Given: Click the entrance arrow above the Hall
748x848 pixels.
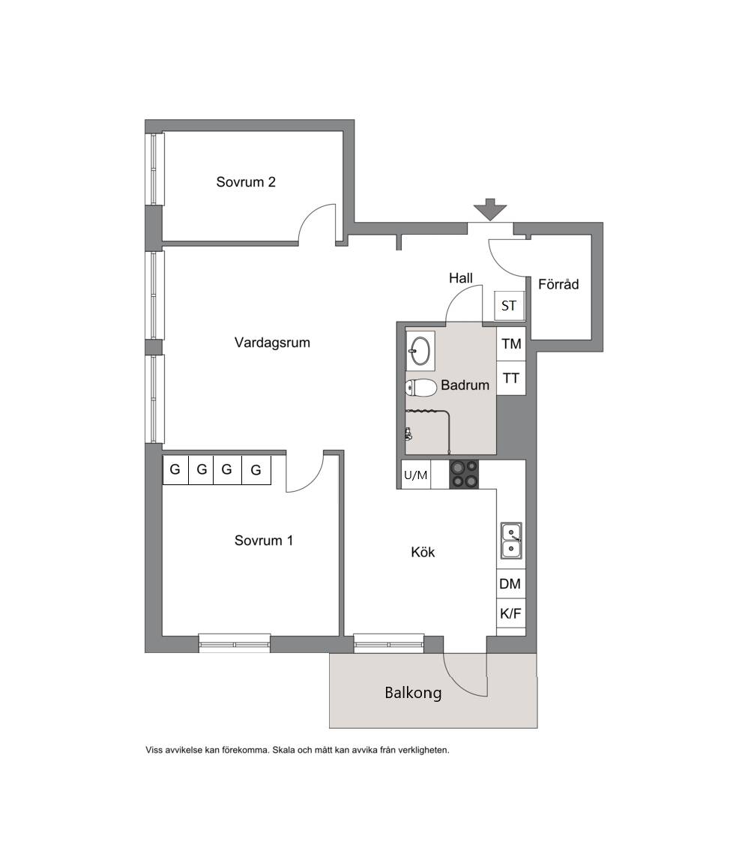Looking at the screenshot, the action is [490, 209].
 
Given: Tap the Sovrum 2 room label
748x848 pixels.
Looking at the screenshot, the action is [246, 181].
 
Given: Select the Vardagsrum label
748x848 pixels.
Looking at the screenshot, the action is [272, 343].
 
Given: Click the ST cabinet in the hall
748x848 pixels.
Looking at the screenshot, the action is [509, 306].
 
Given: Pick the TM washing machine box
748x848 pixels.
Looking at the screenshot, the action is [511, 343].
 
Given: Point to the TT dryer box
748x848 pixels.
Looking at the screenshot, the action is [511, 378].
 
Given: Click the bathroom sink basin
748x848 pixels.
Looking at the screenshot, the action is [420, 351].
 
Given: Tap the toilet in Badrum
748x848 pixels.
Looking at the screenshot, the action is [421, 387].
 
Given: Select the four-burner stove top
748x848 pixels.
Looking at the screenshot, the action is [464, 475].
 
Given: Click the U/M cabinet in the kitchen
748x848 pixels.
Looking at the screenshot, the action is [416, 475].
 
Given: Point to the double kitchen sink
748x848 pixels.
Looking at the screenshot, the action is [510, 541].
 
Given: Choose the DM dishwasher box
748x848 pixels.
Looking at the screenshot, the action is [510, 583].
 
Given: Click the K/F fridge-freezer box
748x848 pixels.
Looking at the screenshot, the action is [510, 613].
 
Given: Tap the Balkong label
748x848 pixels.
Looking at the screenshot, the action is [414, 693].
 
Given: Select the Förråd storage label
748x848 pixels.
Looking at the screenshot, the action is [558, 284].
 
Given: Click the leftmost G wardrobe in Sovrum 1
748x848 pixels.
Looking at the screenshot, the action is [175, 469].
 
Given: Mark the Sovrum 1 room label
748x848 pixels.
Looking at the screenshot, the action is [264, 541].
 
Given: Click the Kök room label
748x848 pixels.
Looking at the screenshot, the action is [423, 552].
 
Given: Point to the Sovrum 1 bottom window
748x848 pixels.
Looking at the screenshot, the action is [235, 643].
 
